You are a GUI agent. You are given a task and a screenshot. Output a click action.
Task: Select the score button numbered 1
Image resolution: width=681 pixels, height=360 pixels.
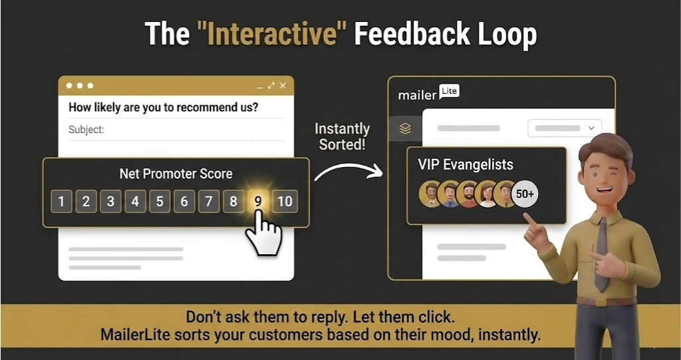tap(61, 201)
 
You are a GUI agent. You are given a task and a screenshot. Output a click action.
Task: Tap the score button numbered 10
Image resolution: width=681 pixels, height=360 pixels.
tap(285, 201)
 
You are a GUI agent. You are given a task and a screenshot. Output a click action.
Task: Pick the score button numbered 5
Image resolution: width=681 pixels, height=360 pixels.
tap(160, 201)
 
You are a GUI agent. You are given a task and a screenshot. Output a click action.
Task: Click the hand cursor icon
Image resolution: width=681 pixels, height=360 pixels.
tap(264, 233)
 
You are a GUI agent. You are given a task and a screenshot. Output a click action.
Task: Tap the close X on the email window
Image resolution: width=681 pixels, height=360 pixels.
tap(283, 86)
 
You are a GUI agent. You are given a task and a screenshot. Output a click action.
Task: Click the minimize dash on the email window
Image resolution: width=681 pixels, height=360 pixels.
tap(259, 87)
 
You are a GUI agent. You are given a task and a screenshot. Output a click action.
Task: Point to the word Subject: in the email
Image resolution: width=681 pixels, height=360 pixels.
tap(86, 130)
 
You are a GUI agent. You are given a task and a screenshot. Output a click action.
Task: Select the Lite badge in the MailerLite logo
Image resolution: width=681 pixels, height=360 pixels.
tap(450, 92)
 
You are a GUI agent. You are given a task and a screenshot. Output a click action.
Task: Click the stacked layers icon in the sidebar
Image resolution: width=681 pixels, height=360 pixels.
tap(406, 128)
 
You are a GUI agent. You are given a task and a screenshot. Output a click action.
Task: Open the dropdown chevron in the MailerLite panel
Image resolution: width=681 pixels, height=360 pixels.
tap(591, 128)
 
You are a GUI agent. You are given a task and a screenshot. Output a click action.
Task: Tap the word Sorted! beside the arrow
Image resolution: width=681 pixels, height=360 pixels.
tap(343, 144)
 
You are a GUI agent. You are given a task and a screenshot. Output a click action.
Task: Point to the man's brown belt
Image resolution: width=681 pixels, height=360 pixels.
tap(602, 301)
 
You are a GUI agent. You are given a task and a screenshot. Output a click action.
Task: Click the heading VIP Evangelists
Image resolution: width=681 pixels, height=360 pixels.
tap(466, 164)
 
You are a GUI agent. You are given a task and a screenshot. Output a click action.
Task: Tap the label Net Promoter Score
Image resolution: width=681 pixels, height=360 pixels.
tap(176, 174)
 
